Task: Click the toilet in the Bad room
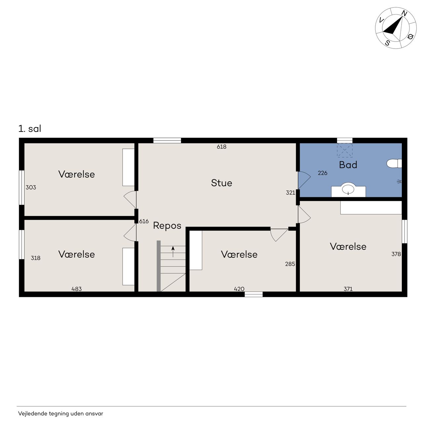(394, 164)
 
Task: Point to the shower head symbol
(399, 181)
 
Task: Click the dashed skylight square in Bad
(345, 150)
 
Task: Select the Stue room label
(221, 183)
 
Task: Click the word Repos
(167, 226)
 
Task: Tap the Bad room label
(348, 165)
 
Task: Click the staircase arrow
(173, 251)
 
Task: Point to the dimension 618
(221, 147)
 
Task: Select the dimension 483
(77, 289)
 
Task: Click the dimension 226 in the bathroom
(323, 173)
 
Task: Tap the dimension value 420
(239, 289)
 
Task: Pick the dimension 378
(396, 254)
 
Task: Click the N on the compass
(404, 14)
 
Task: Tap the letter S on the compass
(387, 43)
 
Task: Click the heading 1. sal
(30, 129)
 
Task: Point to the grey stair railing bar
(159, 266)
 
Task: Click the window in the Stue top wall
(167, 140)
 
